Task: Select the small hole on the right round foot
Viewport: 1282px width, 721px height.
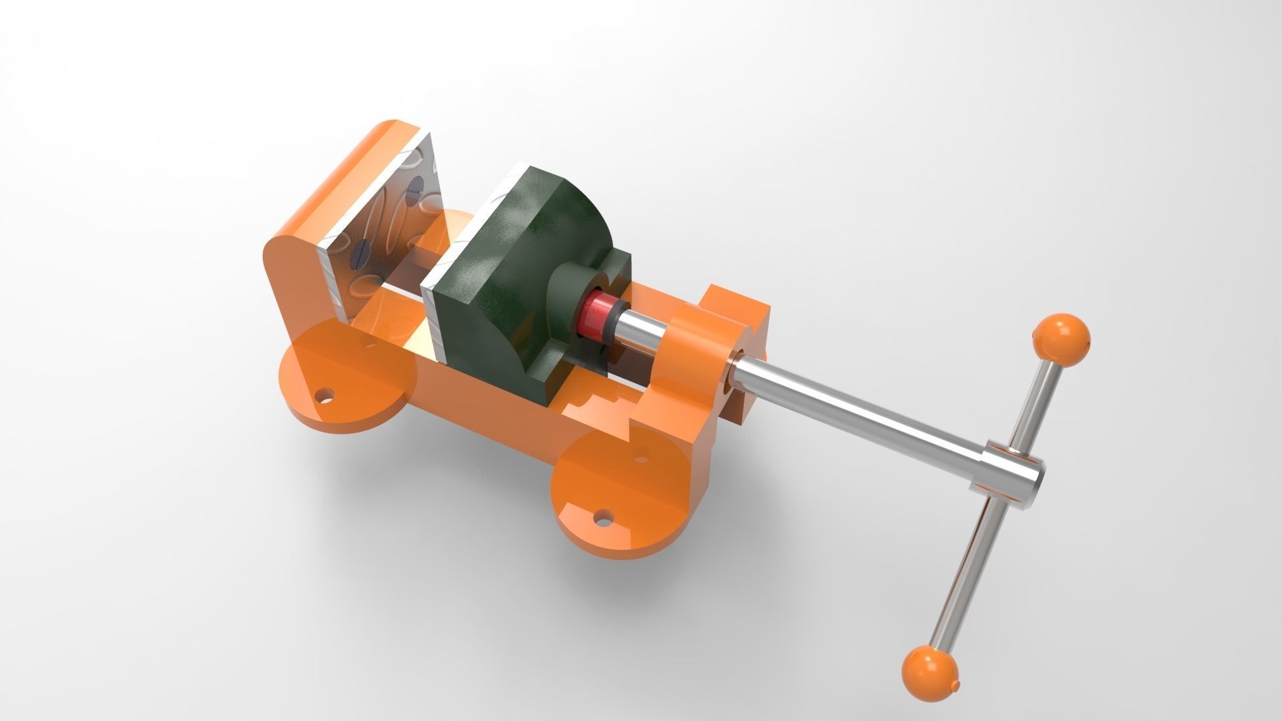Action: [x=642, y=459]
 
